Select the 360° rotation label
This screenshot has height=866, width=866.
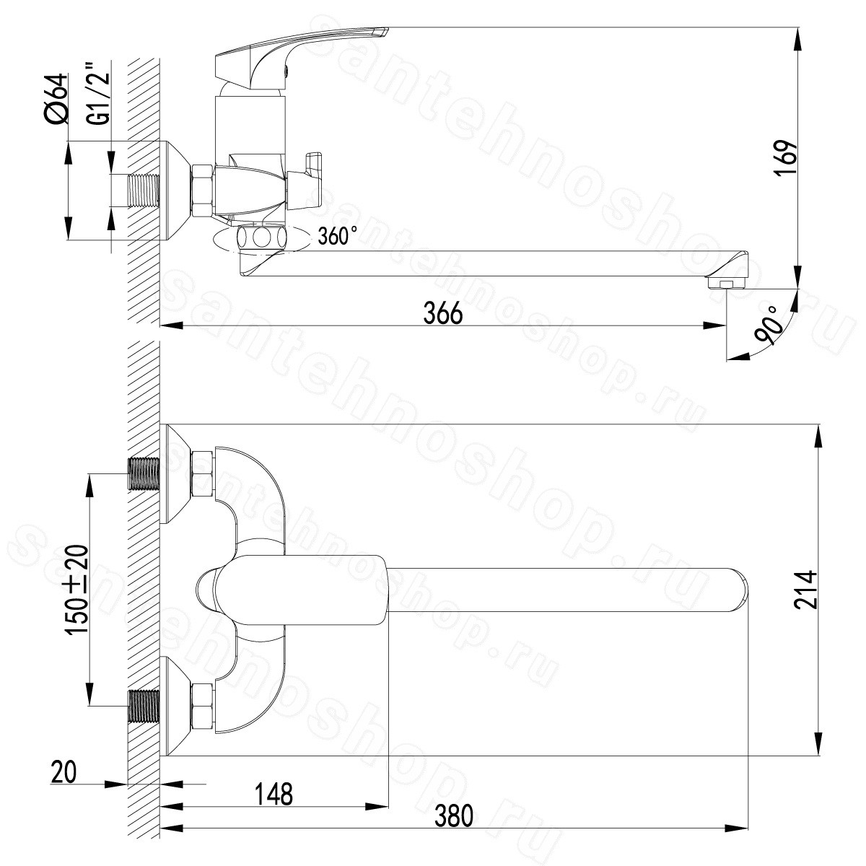click(x=338, y=235)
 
